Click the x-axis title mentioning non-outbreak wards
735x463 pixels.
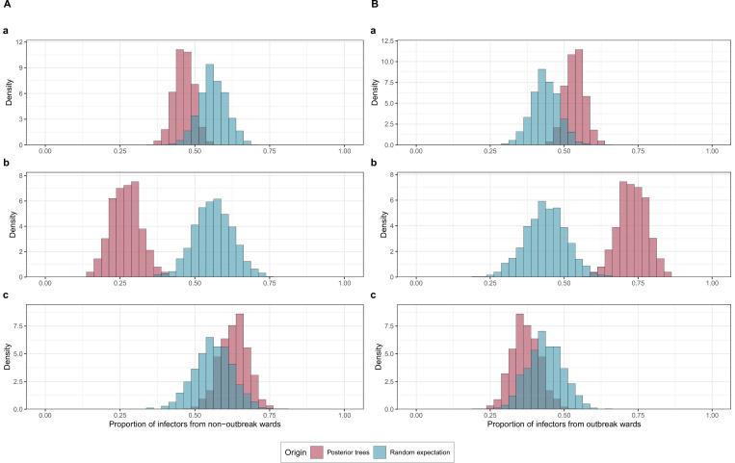click(x=194, y=424)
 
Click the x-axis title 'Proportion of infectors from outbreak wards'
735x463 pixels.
click(x=564, y=424)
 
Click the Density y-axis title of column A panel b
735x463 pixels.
click(x=10, y=226)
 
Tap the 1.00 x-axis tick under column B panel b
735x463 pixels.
click(x=712, y=285)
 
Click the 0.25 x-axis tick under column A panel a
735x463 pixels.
click(x=119, y=153)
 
